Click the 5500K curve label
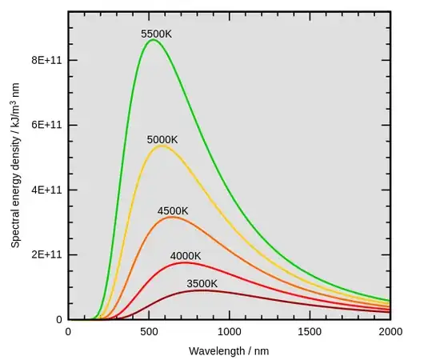pyautogui.click(x=157, y=34)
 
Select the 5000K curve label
pyautogui.click(x=162, y=140)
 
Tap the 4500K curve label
pyautogui.click(x=173, y=211)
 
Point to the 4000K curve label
pyautogui.click(x=186, y=256)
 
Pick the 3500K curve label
pyautogui.click(x=202, y=283)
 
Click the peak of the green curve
pyautogui.click(x=153, y=40)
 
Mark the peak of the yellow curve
pyautogui.click(x=162, y=146)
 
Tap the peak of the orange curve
pyautogui.click(x=171, y=217)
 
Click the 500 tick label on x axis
pyautogui.click(x=149, y=331)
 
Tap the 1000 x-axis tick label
pyautogui.click(x=230, y=331)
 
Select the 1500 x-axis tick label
pyautogui.click(x=310, y=331)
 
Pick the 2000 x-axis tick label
pyautogui.click(x=390, y=331)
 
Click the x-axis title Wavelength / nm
pyautogui.click(x=228, y=350)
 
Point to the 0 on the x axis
pyautogui.click(x=68, y=331)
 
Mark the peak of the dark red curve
pyautogui.click(x=203, y=290)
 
